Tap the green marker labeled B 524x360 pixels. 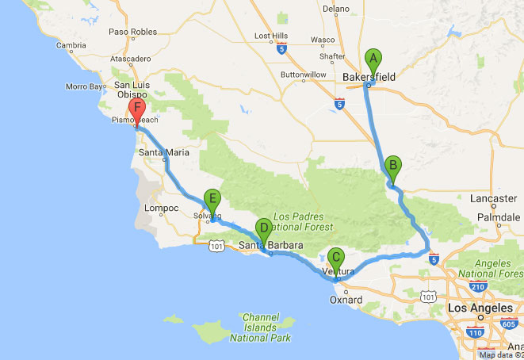click(x=392, y=167)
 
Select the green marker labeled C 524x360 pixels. click(x=336, y=259)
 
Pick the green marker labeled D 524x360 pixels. click(x=264, y=228)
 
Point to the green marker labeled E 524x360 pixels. click(x=211, y=200)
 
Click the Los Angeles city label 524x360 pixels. click(x=475, y=306)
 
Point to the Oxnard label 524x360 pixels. click(x=346, y=301)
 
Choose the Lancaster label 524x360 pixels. click(x=493, y=198)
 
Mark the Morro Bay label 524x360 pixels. click(x=86, y=86)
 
